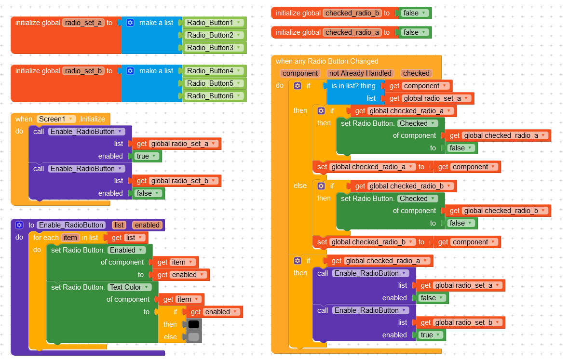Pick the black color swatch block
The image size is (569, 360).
[193, 324]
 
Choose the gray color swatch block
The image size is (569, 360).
[193, 337]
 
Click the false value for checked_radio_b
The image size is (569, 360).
[414, 13]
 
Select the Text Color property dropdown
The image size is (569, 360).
[129, 287]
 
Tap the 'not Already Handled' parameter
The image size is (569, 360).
[360, 73]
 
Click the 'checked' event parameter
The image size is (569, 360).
[416, 73]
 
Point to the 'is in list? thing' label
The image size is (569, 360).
[353, 86]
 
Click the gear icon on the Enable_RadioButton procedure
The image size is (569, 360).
[20, 225]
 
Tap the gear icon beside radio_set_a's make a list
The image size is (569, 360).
[130, 23]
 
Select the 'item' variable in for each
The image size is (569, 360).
[70, 238]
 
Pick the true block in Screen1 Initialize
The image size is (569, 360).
[147, 156]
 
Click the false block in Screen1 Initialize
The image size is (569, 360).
[148, 193]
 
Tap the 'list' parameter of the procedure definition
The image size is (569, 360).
[120, 225]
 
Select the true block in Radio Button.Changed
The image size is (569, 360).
[430, 335]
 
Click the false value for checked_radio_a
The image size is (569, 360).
[414, 32]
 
